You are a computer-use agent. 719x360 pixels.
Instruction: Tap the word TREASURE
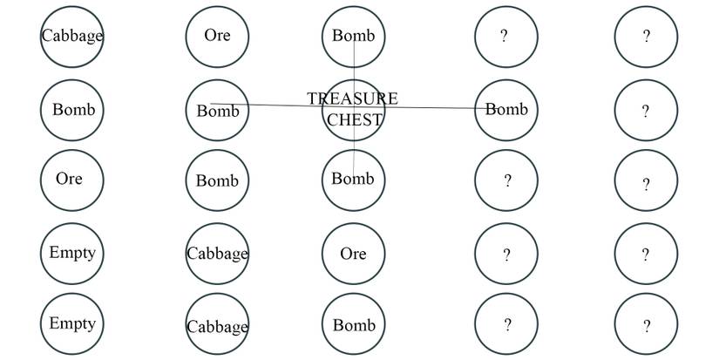click(x=352, y=98)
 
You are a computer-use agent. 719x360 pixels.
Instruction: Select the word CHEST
click(x=355, y=120)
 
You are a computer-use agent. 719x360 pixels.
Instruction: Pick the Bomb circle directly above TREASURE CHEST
click(x=353, y=37)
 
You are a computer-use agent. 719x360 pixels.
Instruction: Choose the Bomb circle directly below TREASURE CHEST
click(x=353, y=180)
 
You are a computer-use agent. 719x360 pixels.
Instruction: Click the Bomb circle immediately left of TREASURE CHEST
click(x=217, y=111)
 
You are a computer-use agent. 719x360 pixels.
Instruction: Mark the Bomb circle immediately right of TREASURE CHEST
click(x=506, y=110)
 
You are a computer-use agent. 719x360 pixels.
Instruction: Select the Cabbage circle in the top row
click(x=71, y=37)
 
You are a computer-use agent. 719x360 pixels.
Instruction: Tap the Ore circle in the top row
click(x=217, y=37)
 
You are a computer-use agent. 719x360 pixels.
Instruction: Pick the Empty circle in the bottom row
click(x=71, y=324)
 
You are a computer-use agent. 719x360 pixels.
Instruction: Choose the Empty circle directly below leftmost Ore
click(x=71, y=254)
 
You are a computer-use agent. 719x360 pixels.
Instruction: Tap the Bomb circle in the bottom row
click(x=353, y=325)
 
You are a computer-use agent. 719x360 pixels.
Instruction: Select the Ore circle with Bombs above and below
click(x=353, y=254)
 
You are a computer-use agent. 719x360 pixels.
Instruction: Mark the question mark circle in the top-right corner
click(x=646, y=37)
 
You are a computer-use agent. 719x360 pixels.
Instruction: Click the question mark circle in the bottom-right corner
click(x=646, y=325)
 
